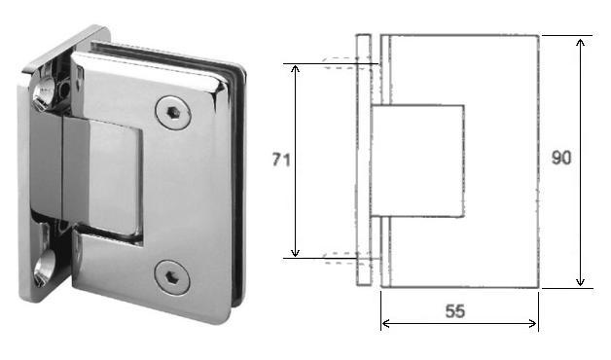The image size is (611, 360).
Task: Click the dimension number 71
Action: pos(281,160)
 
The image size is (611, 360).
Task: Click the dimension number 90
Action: pos(561,158)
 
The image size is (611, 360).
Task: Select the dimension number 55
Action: pos(454,311)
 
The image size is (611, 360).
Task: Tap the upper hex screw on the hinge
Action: pos(173,113)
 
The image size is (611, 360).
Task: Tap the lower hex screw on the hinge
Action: pos(172,278)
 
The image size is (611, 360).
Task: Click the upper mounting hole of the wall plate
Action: pos(44,92)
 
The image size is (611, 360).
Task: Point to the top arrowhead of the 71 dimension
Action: pos(295,69)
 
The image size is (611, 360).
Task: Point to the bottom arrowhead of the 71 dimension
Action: pos(295,252)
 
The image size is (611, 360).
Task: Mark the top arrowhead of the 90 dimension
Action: pos(580,43)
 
